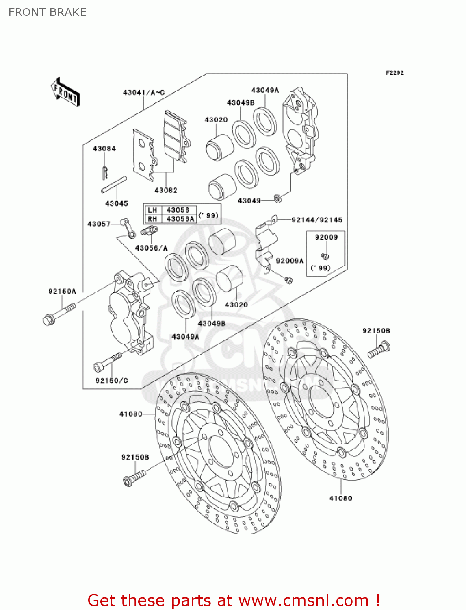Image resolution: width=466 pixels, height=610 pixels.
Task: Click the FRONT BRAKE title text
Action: [48, 12]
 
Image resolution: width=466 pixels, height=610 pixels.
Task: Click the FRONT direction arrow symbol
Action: [65, 92]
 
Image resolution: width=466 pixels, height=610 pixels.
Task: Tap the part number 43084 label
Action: [104, 148]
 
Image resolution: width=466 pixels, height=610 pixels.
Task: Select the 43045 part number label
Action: [117, 203]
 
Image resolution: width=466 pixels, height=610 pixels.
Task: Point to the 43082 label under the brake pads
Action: [166, 190]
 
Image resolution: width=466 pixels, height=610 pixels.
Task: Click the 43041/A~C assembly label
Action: [143, 92]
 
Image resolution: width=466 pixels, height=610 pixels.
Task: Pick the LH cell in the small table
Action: [152, 210]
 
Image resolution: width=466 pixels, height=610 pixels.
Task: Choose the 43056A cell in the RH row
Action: [180, 219]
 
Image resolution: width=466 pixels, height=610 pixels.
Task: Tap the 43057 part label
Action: [99, 224]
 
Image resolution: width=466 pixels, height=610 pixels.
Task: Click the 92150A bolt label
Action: [62, 291]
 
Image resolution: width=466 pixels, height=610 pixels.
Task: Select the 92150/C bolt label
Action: [112, 381]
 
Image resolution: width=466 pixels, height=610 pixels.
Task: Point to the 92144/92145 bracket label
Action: [317, 220]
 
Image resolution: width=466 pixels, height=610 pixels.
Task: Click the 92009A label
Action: [290, 261]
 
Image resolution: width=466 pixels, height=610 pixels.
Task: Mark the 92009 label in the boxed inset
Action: [326, 237]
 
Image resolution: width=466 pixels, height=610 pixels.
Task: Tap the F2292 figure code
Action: [394, 73]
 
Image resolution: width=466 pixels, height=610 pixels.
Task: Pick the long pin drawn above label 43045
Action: [114, 185]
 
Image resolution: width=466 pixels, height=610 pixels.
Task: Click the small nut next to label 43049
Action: [278, 198]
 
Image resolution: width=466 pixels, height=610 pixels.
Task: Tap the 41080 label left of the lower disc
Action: [131, 414]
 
